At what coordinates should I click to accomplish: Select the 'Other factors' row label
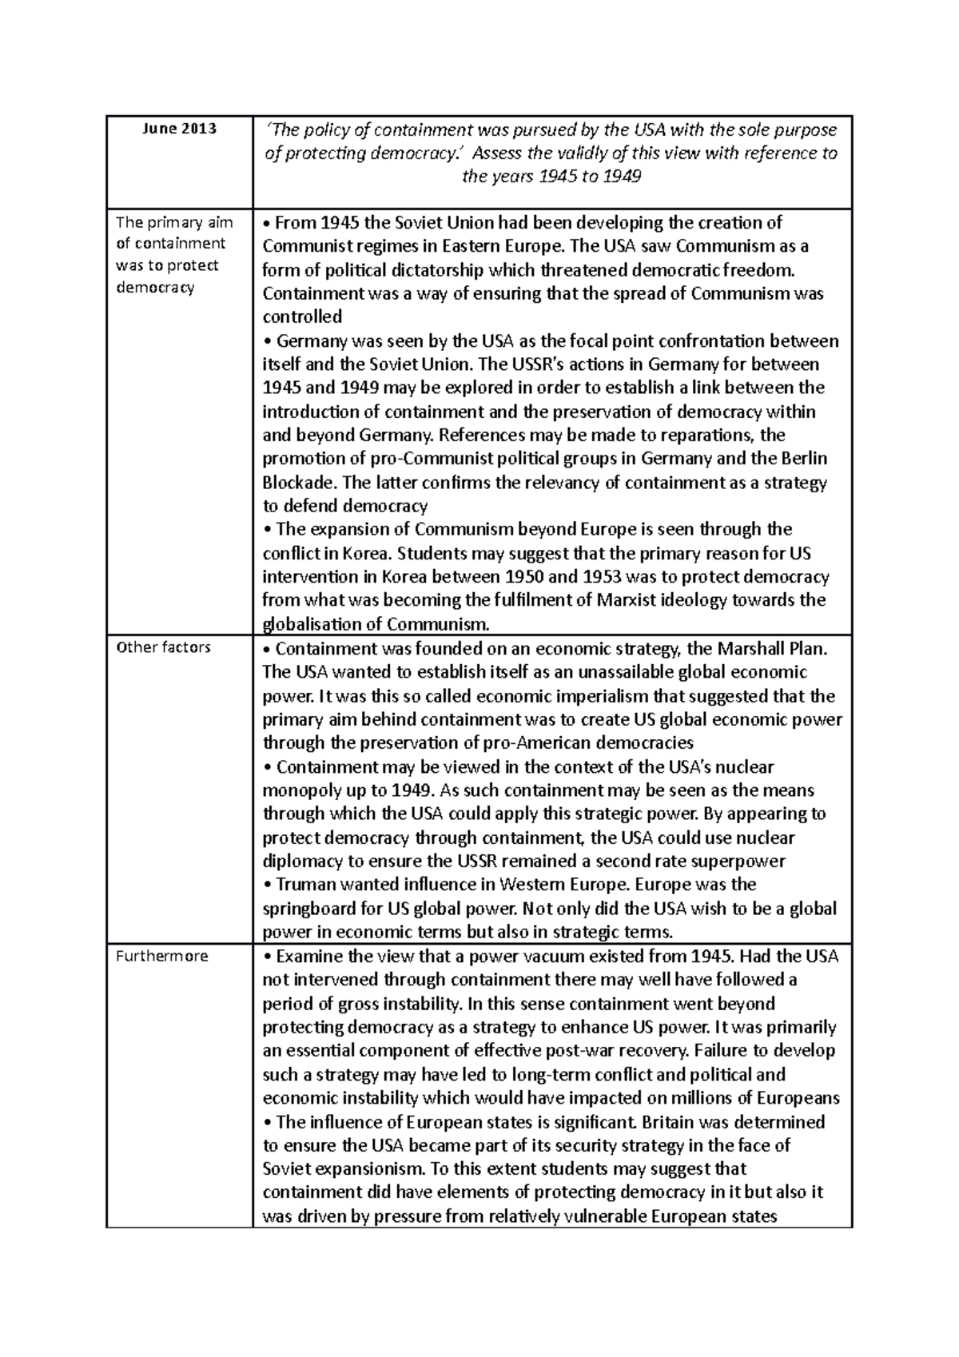[x=163, y=647]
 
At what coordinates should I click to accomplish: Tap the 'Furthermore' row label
[x=161, y=956]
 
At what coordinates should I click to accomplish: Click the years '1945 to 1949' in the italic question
[x=591, y=177]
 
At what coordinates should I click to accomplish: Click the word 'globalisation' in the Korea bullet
[x=310, y=624]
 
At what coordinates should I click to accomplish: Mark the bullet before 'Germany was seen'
[x=267, y=342]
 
